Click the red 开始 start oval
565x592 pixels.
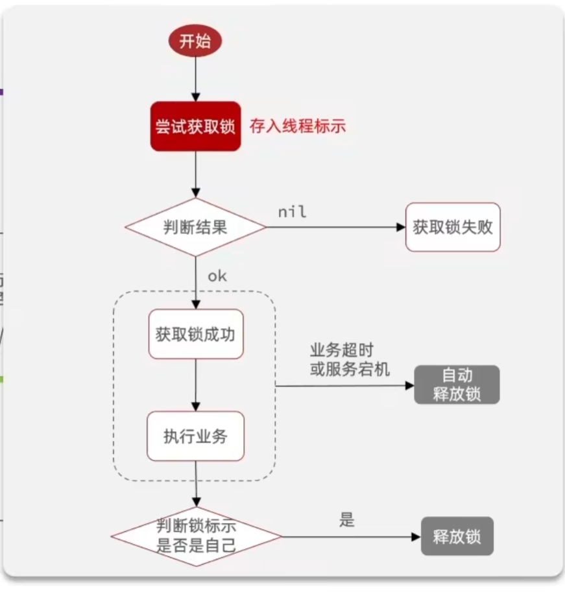tap(195, 42)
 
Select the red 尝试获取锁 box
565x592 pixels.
tap(195, 126)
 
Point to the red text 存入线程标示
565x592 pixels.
tap(298, 126)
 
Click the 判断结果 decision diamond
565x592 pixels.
tap(195, 228)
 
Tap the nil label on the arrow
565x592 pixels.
tap(292, 211)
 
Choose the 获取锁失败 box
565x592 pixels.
tap(453, 228)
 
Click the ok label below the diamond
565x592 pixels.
tap(217, 276)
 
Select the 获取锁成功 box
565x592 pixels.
tap(195, 335)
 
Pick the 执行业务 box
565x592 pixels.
tap(195, 436)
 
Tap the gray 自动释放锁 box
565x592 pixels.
tap(457, 385)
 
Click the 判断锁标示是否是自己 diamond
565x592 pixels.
tap(196, 536)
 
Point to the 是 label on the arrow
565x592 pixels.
tap(347, 520)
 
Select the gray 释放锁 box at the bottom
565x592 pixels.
tap(457, 536)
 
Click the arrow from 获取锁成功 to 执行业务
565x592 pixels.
tap(195, 385)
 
